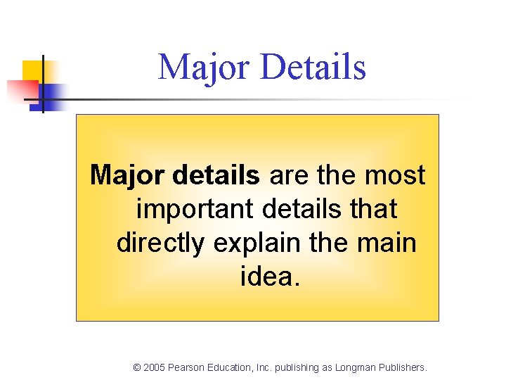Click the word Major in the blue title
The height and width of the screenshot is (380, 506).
(205, 68)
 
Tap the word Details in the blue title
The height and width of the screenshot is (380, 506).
(313, 68)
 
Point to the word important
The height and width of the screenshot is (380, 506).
(198, 209)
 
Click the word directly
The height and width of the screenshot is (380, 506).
(160, 243)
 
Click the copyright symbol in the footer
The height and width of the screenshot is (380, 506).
(136, 367)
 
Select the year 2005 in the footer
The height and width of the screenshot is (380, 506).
(154, 367)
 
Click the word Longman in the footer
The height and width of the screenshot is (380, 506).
(355, 367)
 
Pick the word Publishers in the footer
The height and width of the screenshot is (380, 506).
(402, 367)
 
